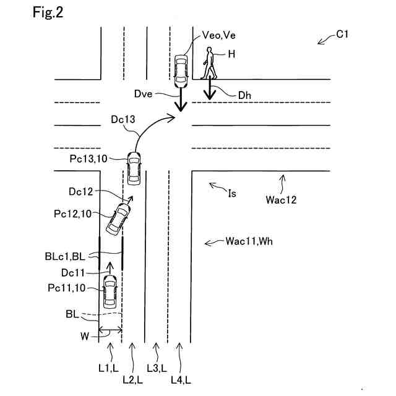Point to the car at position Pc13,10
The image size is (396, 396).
pos(134,167)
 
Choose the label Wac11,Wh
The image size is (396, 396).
pos(247,241)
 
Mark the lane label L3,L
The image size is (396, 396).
pos(158,368)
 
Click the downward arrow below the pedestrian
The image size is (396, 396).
pos(210,90)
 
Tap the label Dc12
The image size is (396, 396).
pos(80,192)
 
